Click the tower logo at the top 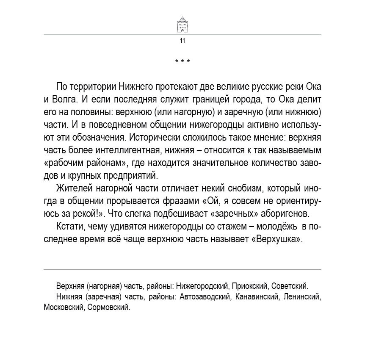click(182, 23)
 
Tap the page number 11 click(182, 41)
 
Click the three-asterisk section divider click(182, 62)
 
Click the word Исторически click(150, 138)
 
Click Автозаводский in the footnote click(205, 296)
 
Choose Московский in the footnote click(62, 307)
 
